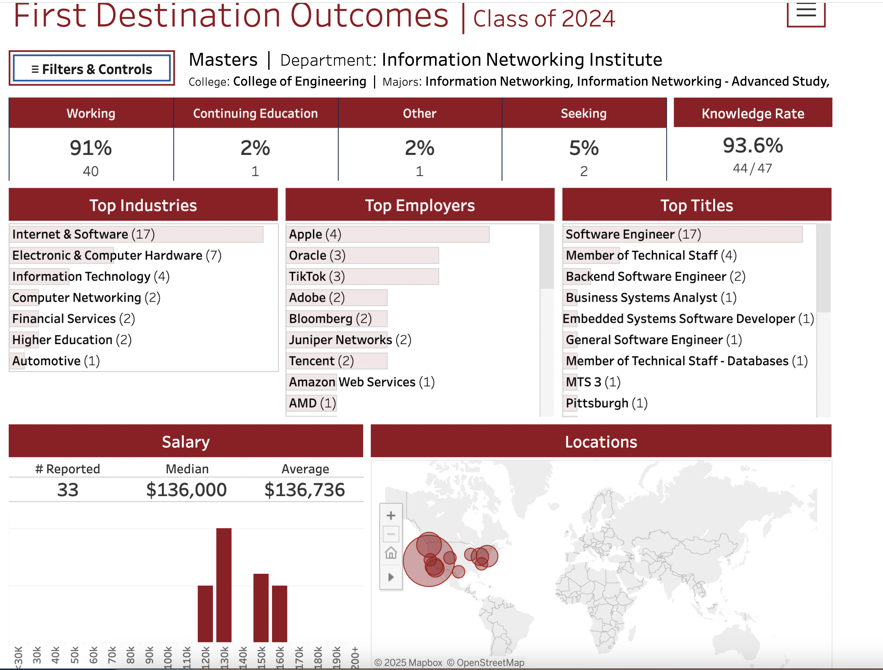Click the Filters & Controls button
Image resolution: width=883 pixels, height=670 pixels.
pyautogui.click(x=92, y=69)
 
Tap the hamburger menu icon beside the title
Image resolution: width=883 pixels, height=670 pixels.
pyautogui.click(x=806, y=12)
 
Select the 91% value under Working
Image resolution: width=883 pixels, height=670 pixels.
pyautogui.click(x=91, y=148)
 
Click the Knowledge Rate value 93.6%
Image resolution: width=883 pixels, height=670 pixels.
pyautogui.click(x=752, y=145)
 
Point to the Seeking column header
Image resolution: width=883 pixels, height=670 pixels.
pyautogui.click(x=584, y=113)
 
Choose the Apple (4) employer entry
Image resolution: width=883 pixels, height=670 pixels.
pyautogui.click(x=315, y=234)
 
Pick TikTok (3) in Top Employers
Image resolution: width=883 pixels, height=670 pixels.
pyautogui.click(x=317, y=276)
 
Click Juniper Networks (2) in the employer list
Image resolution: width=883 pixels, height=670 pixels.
pyautogui.click(x=350, y=340)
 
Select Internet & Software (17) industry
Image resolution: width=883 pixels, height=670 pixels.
pyautogui.click(x=83, y=234)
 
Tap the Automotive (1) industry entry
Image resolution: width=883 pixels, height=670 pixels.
pyautogui.click(x=56, y=361)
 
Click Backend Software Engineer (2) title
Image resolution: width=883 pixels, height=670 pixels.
pyautogui.click(x=655, y=276)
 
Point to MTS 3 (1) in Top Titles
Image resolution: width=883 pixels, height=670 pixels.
pyautogui.click(x=593, y=382)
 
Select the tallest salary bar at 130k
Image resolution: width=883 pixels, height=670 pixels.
pyautogui.click(x=223, y=585)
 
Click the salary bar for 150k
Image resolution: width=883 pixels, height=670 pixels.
pyautogui.click(x=261, y=608)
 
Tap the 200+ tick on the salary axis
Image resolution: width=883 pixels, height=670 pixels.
pyautogui.click(x=355, y=657)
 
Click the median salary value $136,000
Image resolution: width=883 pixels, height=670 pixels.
pyautogui.click(x=186, y=490)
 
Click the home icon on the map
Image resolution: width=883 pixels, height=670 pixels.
pyautogui.click(x=391, y=553)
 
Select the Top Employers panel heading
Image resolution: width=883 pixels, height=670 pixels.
pyautogui.click(x=420, y=205)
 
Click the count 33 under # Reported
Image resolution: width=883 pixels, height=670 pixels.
pyautogui.click(x=67, y=490)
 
